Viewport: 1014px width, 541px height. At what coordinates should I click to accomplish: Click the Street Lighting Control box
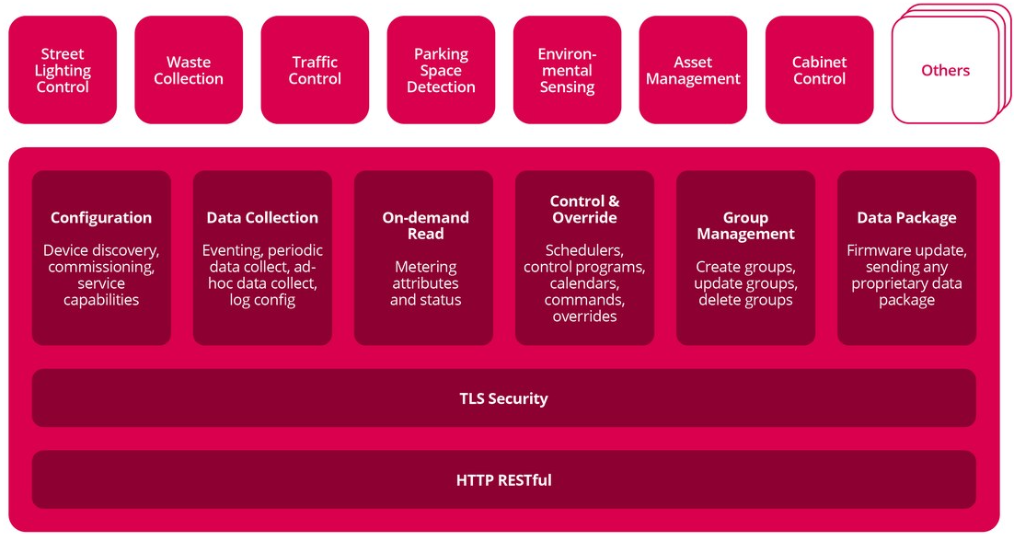63,71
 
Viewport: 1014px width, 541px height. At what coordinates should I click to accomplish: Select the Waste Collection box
189,71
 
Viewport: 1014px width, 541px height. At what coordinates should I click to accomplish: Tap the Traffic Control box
315,71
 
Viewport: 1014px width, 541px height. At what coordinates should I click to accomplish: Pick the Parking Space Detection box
441,71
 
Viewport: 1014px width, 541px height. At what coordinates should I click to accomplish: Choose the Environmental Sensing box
567,71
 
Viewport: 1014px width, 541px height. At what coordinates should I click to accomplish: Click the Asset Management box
693,71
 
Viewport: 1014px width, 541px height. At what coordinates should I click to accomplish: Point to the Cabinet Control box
819,71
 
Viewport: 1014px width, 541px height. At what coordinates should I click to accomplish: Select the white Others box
945,71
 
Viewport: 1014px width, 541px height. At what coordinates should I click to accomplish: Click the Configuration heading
101,218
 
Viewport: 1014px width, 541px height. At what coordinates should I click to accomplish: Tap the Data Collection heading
262,218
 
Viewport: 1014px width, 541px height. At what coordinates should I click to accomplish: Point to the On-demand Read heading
425,225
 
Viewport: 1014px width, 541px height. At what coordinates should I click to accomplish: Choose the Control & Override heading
584,210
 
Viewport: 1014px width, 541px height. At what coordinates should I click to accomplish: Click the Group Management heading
745,225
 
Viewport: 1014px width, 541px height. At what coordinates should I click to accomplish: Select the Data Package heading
906,218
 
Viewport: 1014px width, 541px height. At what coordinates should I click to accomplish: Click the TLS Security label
503,398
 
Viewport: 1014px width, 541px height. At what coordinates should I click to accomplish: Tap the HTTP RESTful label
503,479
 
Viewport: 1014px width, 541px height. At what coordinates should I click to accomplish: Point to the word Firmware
878,250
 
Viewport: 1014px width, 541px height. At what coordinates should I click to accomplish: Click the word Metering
425,267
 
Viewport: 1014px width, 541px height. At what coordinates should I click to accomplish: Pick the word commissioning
101,267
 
